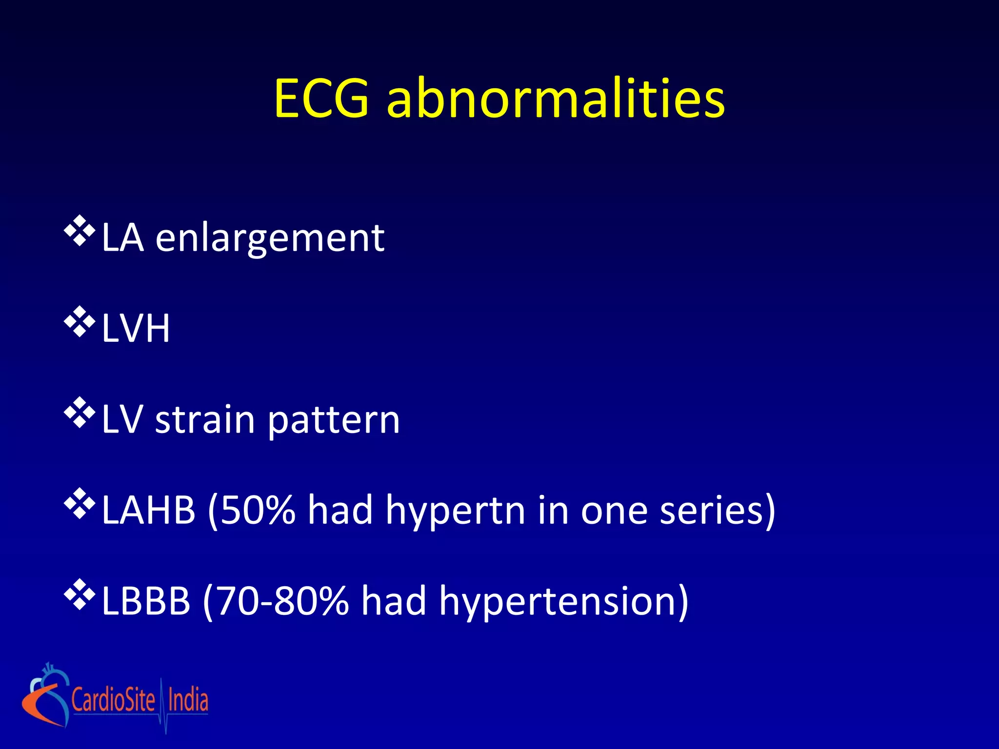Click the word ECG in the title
pos(321,99)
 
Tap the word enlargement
pos(270,239)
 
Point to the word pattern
pos(334,420)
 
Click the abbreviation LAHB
pos(148,510)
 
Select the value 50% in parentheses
pos(258,510)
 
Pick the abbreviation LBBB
pos(146,601)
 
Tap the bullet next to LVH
pos(80,322)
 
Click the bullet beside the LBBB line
pos(80,595)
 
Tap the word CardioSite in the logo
pos(113,700)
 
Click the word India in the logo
pos(188,700)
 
